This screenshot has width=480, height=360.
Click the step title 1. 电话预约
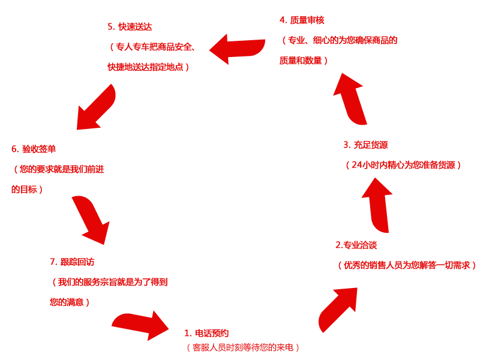[x=206, y=333]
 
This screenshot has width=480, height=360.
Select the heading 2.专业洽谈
[x=356, y=245]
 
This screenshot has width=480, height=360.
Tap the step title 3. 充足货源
[x=365, y=145]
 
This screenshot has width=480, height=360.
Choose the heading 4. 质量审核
[x=302, y=20]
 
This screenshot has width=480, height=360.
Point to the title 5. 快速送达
[x=130, y=26]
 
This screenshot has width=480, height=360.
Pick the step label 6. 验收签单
[x=34, y=149]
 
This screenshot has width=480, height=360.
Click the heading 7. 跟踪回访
[x=72, y=262]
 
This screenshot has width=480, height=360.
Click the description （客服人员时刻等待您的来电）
[x=242, y=347]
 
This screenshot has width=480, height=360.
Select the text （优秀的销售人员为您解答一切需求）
[x=407, y=265]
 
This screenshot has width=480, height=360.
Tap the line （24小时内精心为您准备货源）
[x=403, y=164]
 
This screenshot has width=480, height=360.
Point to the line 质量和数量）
[x=304, y=61]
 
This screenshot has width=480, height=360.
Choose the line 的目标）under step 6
[x=27, y=190]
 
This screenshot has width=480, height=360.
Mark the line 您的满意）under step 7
[x=70, y=302]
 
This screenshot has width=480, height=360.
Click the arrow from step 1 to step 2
[x=339, y=307]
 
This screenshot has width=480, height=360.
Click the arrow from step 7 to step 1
[x=142, y=325]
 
